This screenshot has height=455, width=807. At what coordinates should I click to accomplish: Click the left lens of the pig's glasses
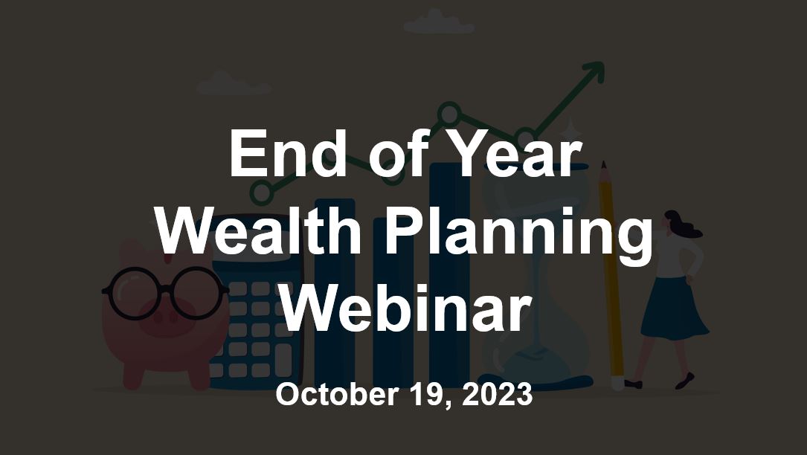(x=133, y=294)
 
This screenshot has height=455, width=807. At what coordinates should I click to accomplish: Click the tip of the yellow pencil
(x=604, y=164)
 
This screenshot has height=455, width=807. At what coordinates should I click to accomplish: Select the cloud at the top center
(x=439, y=22)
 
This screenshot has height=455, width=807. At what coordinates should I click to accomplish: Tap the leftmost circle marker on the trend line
(x=261, y=193)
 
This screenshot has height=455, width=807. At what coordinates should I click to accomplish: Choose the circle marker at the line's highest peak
(x=449, y=113)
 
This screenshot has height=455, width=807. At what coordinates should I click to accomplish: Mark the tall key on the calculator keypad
(x=283, y=360)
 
